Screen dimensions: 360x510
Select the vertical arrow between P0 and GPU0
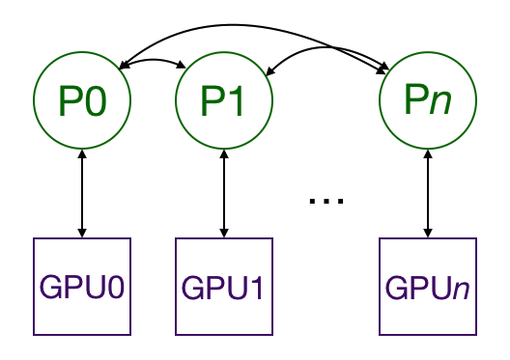82,193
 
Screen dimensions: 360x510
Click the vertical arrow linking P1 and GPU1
224,193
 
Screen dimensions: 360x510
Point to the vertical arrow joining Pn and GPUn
426,193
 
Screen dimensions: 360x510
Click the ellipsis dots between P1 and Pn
326,201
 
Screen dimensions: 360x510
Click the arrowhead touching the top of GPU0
82,232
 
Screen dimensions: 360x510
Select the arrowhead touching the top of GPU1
224,232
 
